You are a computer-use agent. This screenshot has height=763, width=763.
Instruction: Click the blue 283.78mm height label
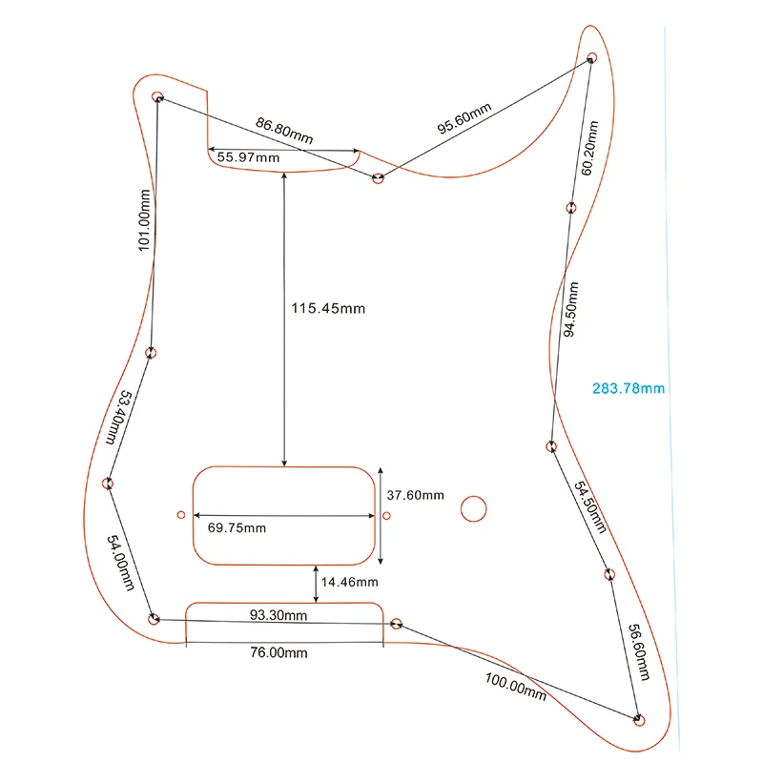tap(628, 388)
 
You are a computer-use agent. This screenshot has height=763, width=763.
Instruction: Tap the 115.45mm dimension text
tap(328, 309)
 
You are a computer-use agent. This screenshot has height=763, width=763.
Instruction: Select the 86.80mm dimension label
tap(284, 130)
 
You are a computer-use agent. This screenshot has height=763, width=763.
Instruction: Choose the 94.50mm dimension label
tap(570, 310)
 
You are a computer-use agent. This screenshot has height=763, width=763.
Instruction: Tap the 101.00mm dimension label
tap(144, 219)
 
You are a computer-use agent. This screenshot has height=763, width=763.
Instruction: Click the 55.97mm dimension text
tap(249, 157)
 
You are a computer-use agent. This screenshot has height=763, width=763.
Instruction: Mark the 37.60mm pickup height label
tap(415, 495)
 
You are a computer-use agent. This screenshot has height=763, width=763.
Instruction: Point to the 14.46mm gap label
tap(349, 582)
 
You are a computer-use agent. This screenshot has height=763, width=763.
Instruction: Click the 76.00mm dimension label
tap(278, 652)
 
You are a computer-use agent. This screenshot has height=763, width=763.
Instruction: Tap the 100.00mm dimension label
tap(515, 687)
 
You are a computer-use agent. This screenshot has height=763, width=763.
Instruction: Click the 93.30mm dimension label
tap(278, 615)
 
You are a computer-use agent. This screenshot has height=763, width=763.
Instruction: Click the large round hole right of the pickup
tap(473, 508)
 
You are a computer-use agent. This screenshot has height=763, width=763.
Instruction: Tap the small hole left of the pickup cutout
tap(181, 515)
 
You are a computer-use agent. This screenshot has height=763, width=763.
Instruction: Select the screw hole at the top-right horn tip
tap(591, 58)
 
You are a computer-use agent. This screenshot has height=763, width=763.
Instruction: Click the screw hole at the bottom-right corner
tap(640, 719)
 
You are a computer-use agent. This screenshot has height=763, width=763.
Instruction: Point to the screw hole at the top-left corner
tap(157, 96)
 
